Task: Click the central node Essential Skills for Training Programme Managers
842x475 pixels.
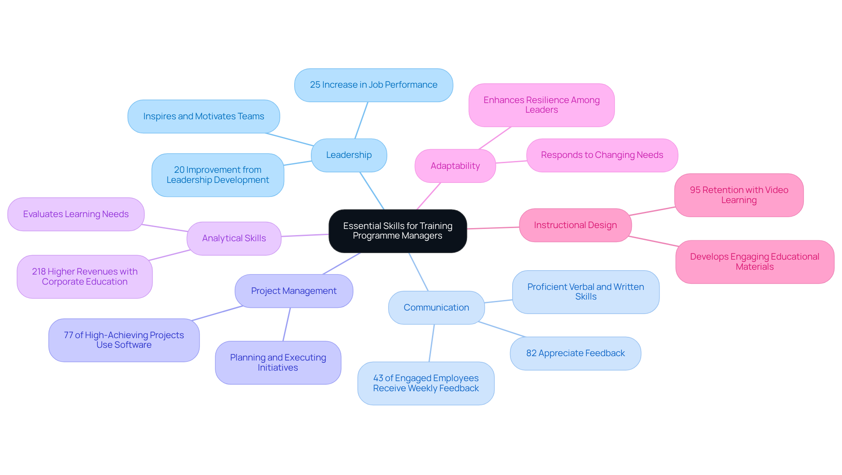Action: (397, 231)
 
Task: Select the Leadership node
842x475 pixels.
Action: (349, 155)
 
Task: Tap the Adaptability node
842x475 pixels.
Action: (455, 166)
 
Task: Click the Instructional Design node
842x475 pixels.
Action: (575, 225)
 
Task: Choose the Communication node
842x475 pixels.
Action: (436, 307)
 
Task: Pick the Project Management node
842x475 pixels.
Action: (293, 291)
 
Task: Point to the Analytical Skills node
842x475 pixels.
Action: (234, 238)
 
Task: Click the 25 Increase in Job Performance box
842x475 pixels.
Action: (373, 85)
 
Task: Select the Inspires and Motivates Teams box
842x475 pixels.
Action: (203, 116)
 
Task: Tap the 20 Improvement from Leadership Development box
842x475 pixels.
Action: (218, 175)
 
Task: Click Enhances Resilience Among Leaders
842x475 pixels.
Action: (541, 105)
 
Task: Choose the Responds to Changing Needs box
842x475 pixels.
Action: (602, 155)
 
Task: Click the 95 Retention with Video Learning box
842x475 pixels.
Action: (739, 195)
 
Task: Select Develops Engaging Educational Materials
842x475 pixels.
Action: (754, 262)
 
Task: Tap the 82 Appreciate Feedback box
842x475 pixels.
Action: (575, 353)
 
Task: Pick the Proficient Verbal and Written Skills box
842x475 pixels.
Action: (585, 292)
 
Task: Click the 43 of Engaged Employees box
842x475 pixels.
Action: (425, 383)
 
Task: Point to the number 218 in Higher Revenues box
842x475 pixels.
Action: (39, 271)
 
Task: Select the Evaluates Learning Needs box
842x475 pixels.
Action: (76, 214)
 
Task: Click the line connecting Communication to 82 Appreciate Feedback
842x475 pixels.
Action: (502, 329)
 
